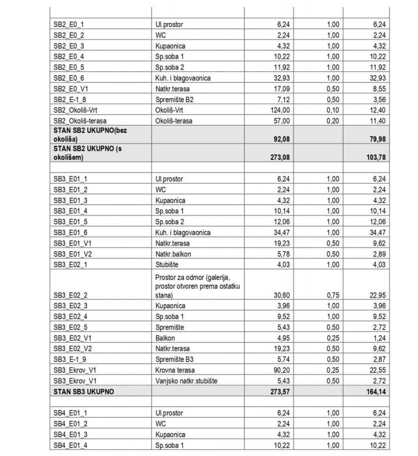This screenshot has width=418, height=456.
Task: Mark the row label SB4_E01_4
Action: [70, 445]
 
